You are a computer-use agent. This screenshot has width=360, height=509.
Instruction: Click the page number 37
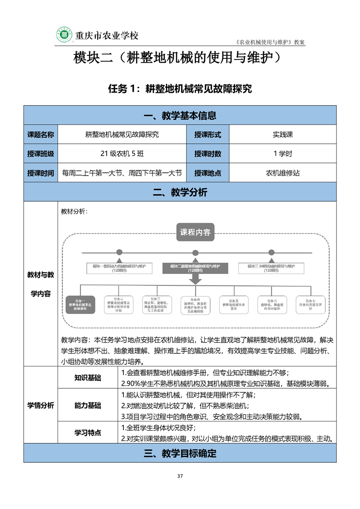coord(180,476)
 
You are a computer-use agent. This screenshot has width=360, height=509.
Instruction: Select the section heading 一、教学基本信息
coord(180,116)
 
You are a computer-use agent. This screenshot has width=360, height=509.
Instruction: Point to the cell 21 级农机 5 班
coord(122,153)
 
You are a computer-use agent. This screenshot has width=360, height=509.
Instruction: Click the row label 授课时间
coord(40,173)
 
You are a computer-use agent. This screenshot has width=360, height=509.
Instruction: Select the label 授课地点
coord(207,173)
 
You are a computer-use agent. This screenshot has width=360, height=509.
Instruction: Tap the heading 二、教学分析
coord(180,192)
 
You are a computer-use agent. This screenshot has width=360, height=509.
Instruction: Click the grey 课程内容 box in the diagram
coord(195,232)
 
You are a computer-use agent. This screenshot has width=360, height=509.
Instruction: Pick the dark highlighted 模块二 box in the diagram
coord(195,268)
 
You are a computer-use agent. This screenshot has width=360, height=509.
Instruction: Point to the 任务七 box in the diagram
coord(311,304)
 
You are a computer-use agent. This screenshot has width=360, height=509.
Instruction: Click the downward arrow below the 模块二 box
coord(195,280)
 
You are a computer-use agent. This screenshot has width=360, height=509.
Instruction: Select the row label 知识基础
coord(88,378)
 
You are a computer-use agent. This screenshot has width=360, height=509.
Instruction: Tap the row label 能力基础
coord(88,406)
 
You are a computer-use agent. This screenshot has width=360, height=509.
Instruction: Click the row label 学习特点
coord(88,433)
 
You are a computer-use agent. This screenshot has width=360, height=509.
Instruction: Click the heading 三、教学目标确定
coord(180,453)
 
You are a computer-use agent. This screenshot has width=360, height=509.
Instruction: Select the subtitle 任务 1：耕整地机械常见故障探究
coord(180,89)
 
